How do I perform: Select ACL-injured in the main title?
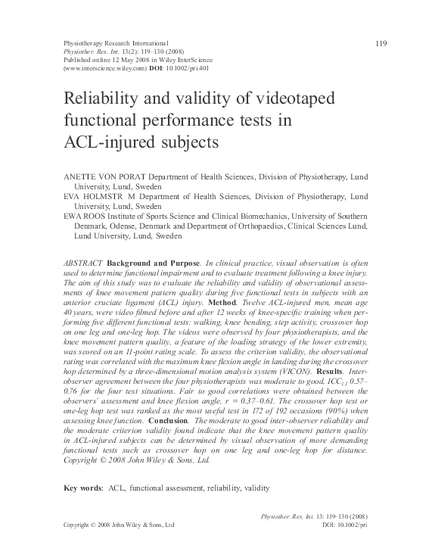coord(96,141)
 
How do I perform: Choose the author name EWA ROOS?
coord(81,216)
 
